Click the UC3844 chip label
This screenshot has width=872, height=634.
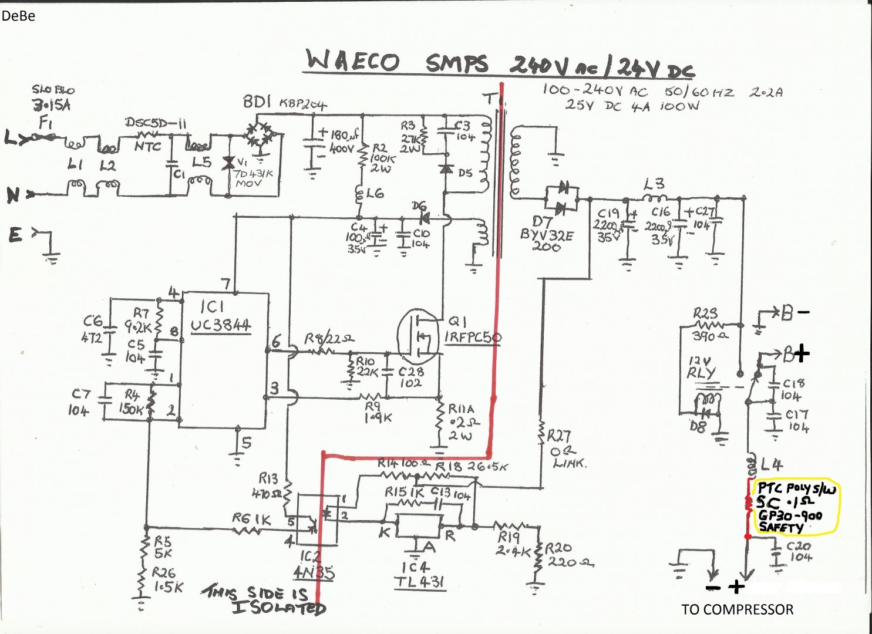click(x=221, y=325)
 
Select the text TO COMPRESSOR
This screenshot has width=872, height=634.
click(x=737, y=609)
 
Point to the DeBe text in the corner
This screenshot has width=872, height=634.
click(x=18, y=16)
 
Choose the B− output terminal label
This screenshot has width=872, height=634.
click(x=794, y=312)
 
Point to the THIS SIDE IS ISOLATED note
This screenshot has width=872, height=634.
click(x=263, y=600)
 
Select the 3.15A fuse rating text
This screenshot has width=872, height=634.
click(x=52, y=106)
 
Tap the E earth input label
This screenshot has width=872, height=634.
click(x=15, y=235)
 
